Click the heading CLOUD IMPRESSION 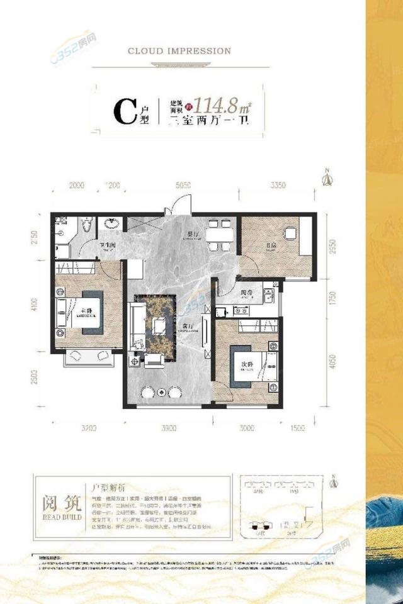click(179, 51)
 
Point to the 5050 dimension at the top click(183, 186)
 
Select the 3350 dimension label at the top click(278, 186)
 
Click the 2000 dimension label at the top click(76, 186)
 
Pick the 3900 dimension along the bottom click(168, 428)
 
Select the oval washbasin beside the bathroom click(113, 224)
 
